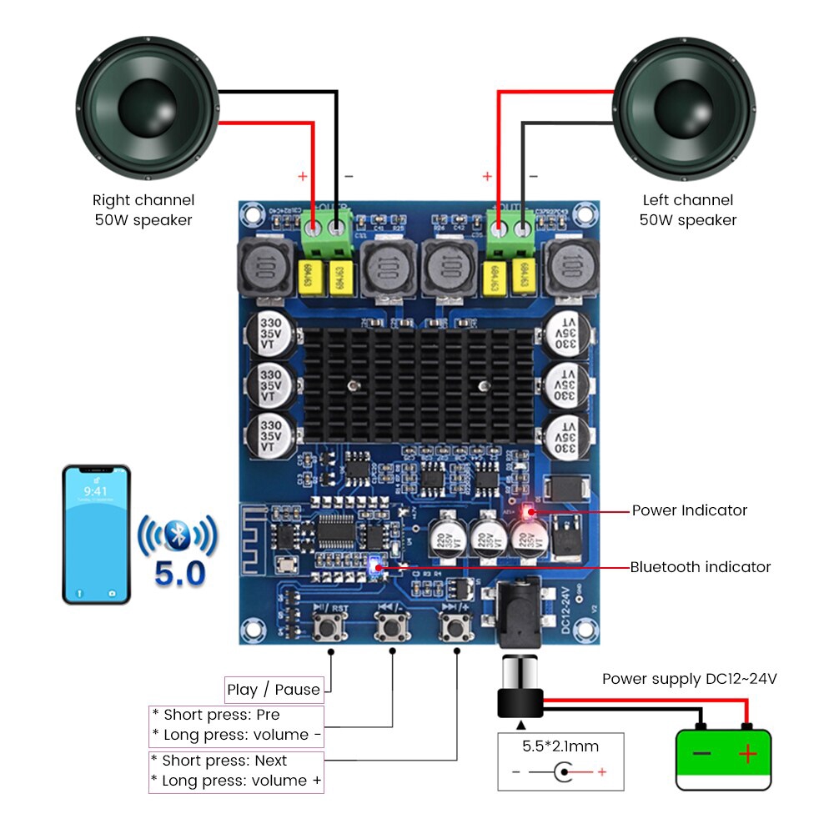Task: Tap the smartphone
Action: click(x=96, y=534)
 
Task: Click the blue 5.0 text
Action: click(x=180, y=575)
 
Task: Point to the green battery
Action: click(x=723, y=758)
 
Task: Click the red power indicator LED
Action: click(x=528, y=510)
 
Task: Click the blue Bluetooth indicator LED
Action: click(x=374, y=566)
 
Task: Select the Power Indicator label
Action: click(x=689, y=510)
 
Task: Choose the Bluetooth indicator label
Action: click(x=700, y=567)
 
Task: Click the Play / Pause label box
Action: click(x=274, y=690)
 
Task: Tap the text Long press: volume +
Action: click(x=236, y=781)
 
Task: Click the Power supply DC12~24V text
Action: click(x=689, y=679)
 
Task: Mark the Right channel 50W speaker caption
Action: click(x=143, y=210)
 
